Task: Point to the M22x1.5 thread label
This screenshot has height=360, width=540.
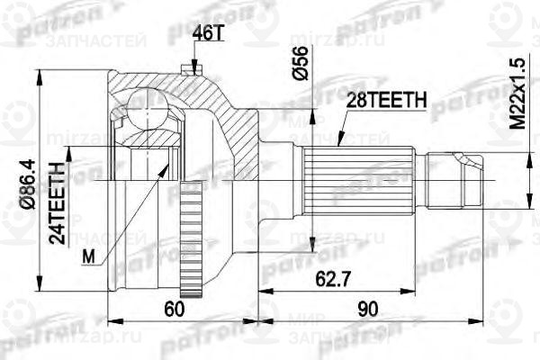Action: pyautogui.click(x=515, y=95)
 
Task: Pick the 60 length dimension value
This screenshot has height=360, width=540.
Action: pyautogui.click(x=175, y=309)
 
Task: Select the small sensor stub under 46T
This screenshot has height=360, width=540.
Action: pyautogui.click(x=188, y=67)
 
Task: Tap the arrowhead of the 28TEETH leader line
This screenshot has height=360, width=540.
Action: pyautogui.click(x=338, y=144)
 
